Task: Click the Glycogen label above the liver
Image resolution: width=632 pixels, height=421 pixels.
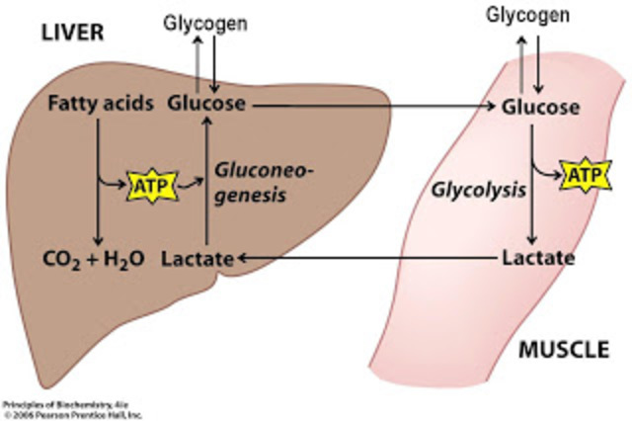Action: click(205, 21)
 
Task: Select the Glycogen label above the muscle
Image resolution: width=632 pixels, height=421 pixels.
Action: click(528, 16)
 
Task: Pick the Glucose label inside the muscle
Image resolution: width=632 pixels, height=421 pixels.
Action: click(539, 108)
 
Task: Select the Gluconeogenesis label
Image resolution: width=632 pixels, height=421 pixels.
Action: click(264, 183)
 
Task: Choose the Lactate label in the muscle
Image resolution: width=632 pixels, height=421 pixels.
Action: click(537, 259)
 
